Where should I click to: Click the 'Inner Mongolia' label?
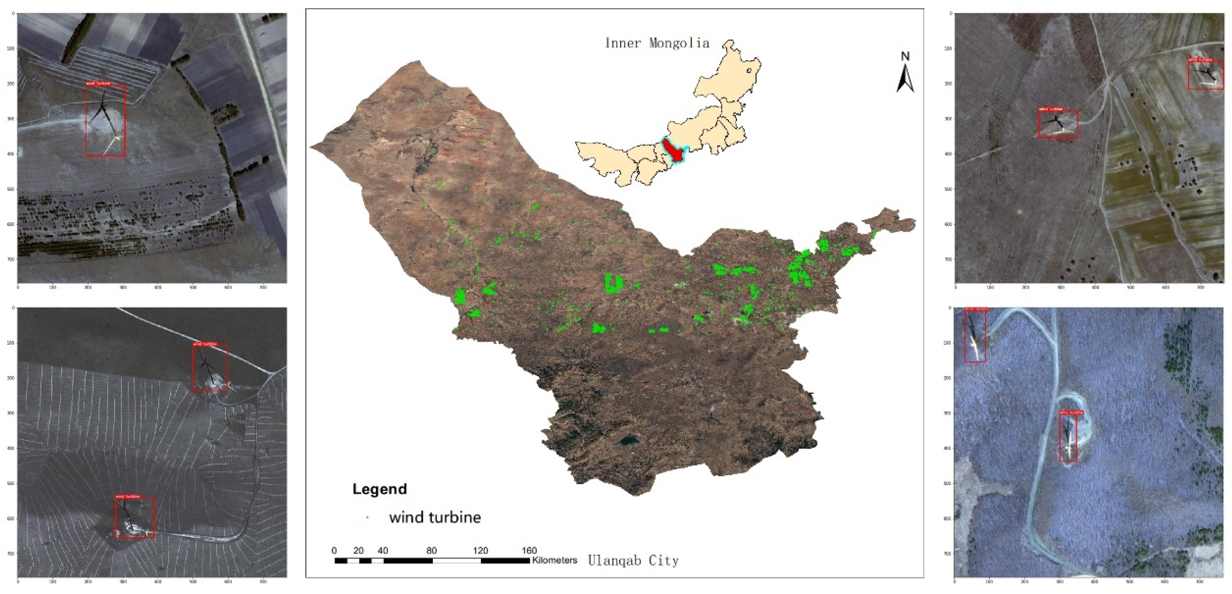(657, 44)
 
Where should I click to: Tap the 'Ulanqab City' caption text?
(633, 560)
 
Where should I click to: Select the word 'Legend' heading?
(379, 489)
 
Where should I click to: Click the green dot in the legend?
(367, 517)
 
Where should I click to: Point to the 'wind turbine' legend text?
(435, 517)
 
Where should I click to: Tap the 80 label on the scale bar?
(431, 550)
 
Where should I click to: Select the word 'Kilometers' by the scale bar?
(554, 560)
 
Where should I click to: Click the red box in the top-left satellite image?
(106, 121)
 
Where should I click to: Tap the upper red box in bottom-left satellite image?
(210, 368)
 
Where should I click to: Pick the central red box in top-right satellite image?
(1058, 124)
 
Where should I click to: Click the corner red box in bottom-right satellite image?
(975, 335)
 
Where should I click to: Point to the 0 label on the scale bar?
(334, 550)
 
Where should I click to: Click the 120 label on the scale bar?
(480, 550)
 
